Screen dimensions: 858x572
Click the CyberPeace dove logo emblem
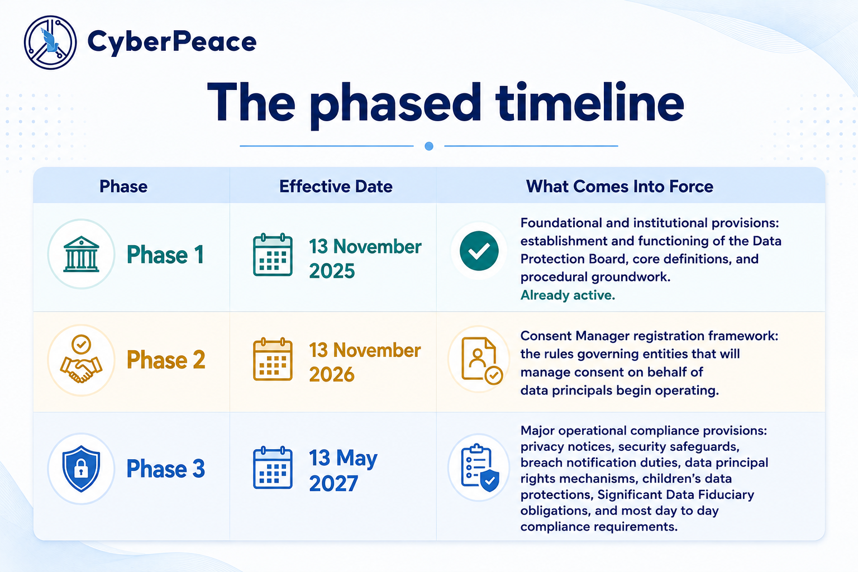click(50, 42)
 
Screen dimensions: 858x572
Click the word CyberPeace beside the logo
click(172, 42)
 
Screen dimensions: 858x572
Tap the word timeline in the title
click(589, 103)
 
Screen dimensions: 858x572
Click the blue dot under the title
click(429, 146)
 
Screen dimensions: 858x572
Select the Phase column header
click(123, 187)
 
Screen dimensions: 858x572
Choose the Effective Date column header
click(336, 187)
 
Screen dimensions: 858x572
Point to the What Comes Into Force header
click(619, 187)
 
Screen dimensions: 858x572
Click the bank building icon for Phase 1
click(81, 254)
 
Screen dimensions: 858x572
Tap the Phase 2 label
click(166, 360)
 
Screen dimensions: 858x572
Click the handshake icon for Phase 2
click(81, 359)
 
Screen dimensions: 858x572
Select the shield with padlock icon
click(81, 468)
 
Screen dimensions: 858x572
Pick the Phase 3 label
click(166, 469)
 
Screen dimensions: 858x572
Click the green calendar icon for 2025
click(273, 254)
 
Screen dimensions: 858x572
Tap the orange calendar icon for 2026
click(273, 359)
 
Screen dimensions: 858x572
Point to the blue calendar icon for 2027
click(273, 468)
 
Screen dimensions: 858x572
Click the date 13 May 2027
click(343, 471)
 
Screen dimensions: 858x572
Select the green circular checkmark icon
click(479, 251)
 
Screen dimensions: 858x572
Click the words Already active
click(568, 295)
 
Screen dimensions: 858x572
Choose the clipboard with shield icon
click(480, 468)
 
